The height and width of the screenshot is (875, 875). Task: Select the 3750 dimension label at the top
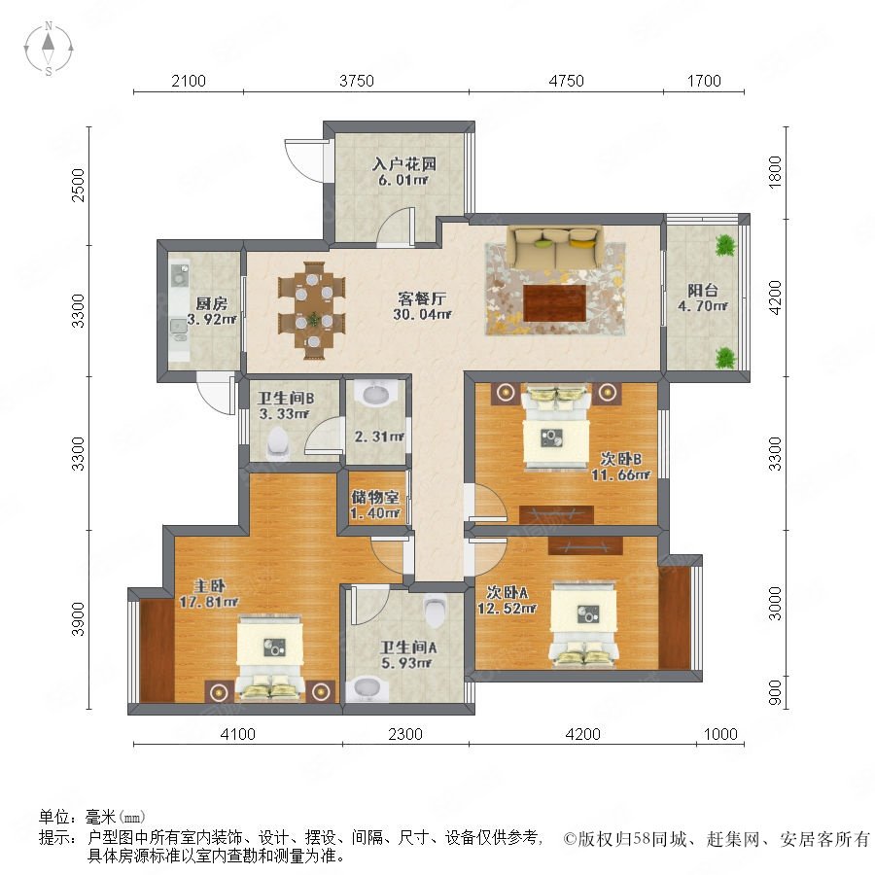click(x=357, y=81)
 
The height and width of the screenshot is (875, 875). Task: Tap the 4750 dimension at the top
click(x=567, y=81)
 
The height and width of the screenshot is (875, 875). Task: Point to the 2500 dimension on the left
click(x=79, y=185)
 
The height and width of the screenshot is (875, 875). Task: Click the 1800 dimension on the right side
click(x=775, y=172)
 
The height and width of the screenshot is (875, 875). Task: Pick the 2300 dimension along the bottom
click(x=405, y=734)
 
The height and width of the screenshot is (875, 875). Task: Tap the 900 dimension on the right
click(x=775, y=692)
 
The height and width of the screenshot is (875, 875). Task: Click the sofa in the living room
click(x=555, y=247)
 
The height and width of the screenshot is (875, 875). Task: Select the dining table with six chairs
click(x=312, y=310)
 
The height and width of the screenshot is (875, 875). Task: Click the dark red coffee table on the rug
click(x=555, y=303)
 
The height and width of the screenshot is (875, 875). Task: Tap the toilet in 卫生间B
click(x=277, y=441)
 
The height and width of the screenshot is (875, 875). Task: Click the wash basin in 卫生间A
click(x=367, y=688)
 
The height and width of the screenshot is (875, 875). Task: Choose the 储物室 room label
click(x=374, y=496)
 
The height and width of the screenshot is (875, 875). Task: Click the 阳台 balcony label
click(x=702, y=290)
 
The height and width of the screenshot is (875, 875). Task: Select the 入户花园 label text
click(x=404, y=164)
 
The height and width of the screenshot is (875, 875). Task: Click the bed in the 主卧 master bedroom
click(x=270, y=657)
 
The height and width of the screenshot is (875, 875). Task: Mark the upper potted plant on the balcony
click(x=725, y=245)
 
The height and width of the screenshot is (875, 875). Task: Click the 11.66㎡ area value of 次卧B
click(x=620, y=474)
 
